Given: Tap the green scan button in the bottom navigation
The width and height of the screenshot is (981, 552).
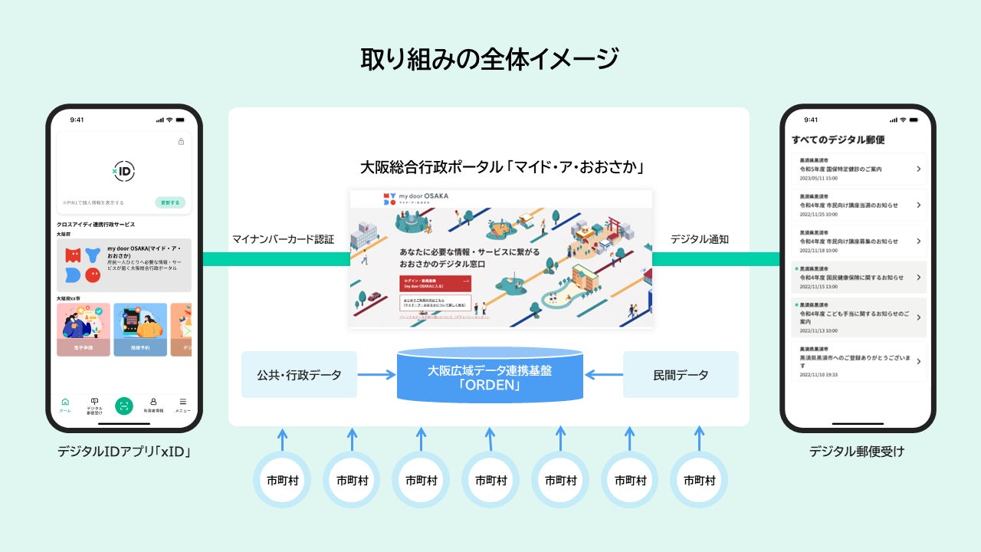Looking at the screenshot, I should [x=124, y=406].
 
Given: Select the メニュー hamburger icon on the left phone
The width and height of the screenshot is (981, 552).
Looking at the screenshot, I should [x=182, y=402].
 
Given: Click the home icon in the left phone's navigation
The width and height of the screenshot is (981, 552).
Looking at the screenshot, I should [x=65, y=402].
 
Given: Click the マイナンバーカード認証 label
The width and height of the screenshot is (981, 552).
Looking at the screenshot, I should [x=283, y=239].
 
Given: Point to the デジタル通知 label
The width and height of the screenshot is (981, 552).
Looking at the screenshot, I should [x=699, y=239].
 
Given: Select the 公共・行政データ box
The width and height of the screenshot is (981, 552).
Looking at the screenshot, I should [x=299, y=375].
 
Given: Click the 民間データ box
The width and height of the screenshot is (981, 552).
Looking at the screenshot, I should [x=681, y=375].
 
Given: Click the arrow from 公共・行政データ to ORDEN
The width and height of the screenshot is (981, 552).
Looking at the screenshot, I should [x=376, y=375].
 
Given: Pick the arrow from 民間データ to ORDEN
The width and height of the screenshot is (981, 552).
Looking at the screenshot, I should [x=603, y=375].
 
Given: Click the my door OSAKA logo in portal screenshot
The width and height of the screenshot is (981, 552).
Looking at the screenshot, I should [x=418, y=198].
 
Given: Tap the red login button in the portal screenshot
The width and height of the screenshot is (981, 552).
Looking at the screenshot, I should [x=435, y=283].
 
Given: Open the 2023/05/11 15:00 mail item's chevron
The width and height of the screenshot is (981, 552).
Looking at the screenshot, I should [x=918, y=169].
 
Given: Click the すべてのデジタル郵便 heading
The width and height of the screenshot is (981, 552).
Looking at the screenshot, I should [x=838, y=140].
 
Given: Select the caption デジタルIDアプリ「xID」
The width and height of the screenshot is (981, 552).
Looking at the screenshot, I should [x=123, y=452].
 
